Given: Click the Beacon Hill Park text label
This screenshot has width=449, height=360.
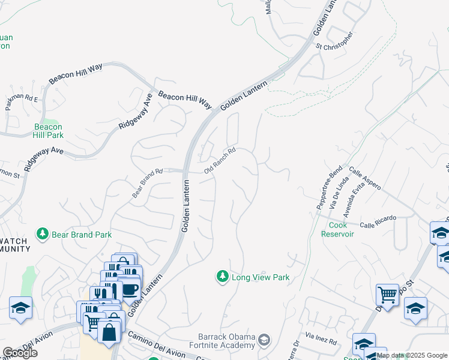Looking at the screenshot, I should [x=49, y=131].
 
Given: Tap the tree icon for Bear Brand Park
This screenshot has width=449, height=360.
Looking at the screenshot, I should [x=43, y=233].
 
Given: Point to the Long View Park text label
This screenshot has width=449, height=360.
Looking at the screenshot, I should [x=261, y=277].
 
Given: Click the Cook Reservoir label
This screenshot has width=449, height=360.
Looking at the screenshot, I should [x=341, y=229].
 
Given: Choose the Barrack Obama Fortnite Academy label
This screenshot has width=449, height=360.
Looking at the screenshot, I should [x=226, y=341].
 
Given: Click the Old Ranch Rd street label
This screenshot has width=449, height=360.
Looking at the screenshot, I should [x=220, y=161].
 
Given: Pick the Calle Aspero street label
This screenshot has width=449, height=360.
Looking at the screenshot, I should [x=364, y=179].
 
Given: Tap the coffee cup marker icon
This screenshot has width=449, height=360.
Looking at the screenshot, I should [x=130, y=289].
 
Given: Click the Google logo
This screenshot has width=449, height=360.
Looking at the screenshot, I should [x=20, y=353].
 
